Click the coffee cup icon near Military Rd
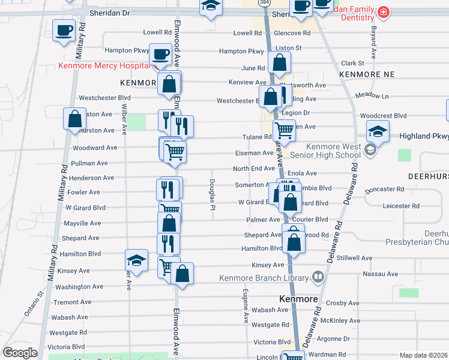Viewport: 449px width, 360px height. click(64, 31)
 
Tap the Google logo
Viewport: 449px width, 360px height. click(20, 353)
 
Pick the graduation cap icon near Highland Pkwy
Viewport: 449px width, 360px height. click(378, 131)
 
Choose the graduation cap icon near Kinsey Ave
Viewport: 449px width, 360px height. click(137, 260)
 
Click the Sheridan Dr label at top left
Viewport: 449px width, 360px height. click(109, 12)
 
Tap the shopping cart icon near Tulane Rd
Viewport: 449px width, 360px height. click(284, 129)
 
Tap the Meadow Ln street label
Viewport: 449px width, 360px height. click(372, 95)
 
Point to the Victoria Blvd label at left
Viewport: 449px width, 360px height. click(67, 347)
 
